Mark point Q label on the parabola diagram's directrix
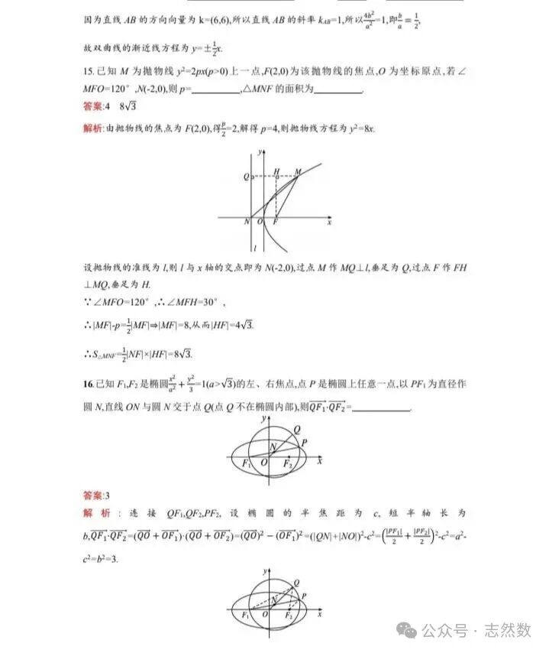point(246,177)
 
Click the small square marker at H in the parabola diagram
point(277,177)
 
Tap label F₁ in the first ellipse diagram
point(246,464)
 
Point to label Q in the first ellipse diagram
point(295,429)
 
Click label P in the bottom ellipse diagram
point(303,593)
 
